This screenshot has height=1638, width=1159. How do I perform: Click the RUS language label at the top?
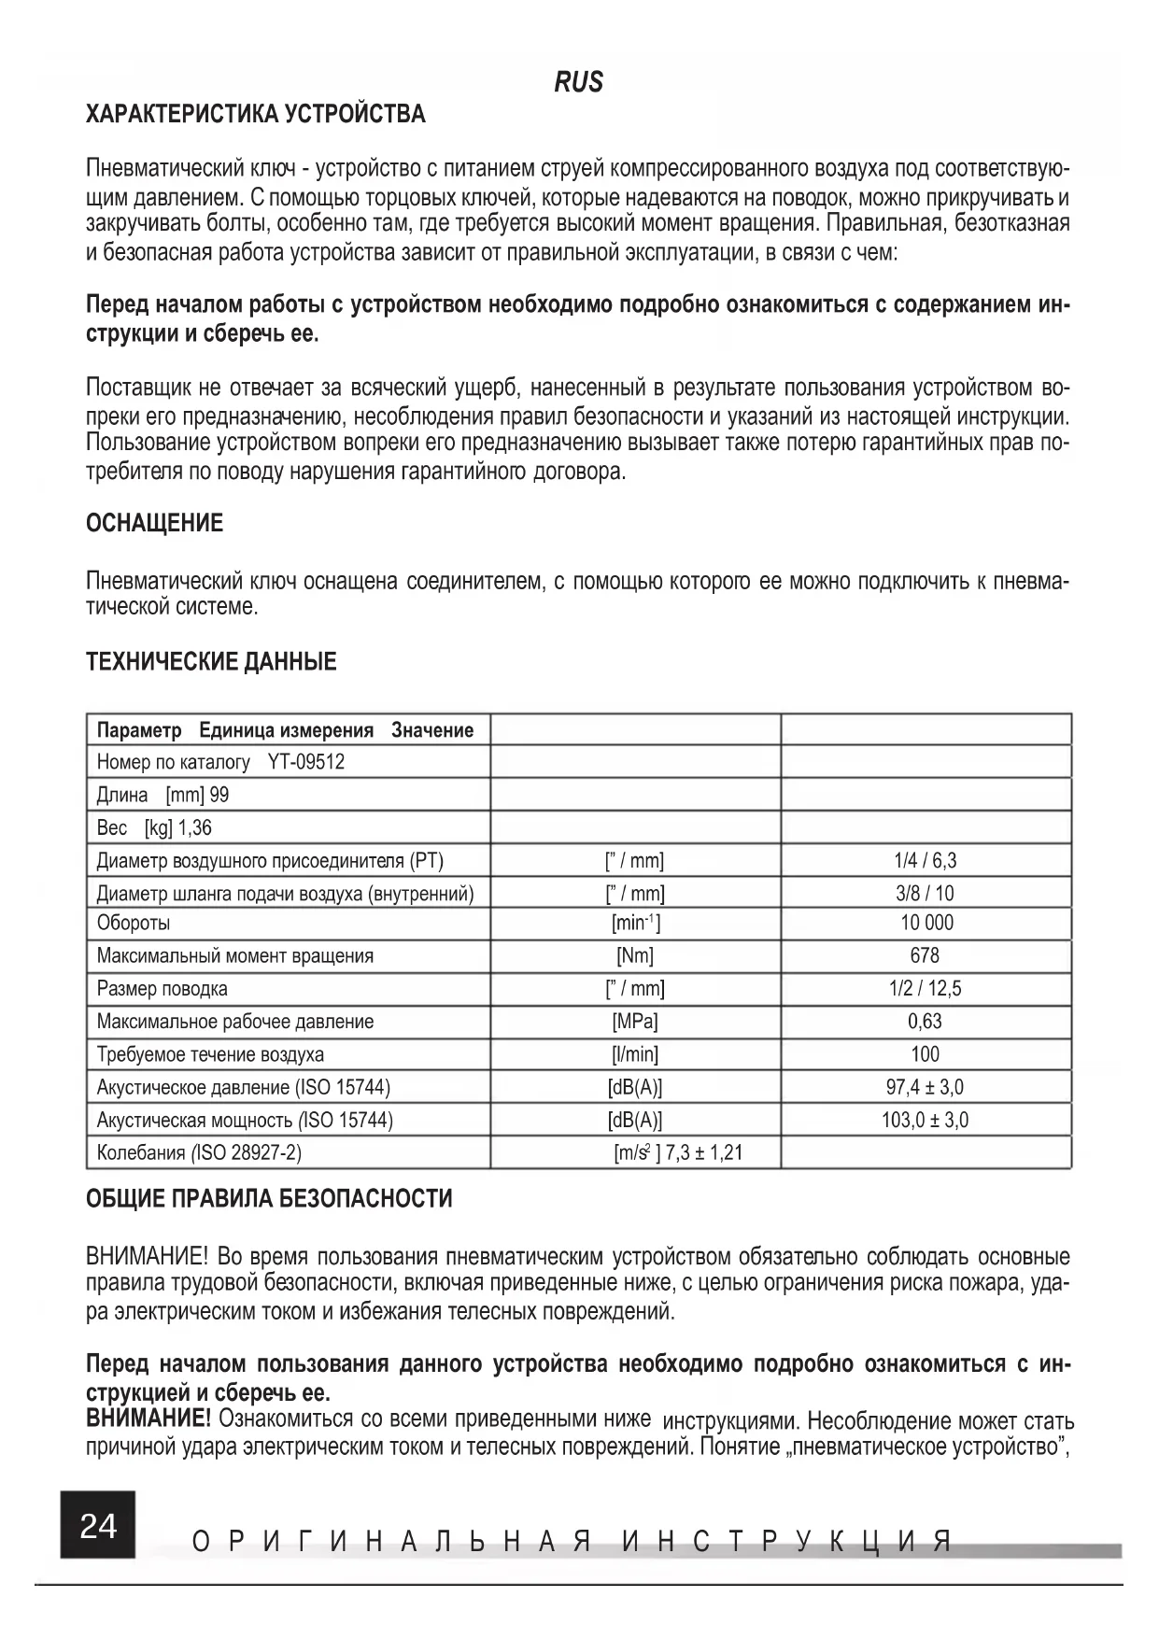tap(579, 82)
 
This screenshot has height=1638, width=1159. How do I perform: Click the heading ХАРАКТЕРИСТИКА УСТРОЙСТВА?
tap(256, 115)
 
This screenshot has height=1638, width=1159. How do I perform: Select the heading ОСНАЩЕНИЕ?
tap(155, 523)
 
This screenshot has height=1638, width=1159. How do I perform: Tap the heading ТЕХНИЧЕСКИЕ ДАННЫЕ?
tap(211, 662)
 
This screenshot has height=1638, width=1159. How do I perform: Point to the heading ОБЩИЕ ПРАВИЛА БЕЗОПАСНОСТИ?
tap(269, 1198)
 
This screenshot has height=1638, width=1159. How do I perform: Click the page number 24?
tap(98, 1525)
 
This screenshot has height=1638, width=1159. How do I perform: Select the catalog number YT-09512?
tap(306, 762)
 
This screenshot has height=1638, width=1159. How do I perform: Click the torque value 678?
tap(925, 955)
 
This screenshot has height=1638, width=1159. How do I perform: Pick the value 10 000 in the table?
tap(926, 923)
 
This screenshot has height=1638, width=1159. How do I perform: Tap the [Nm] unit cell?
tap(635, 955)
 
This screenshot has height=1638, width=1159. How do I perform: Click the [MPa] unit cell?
tap(635, 1022)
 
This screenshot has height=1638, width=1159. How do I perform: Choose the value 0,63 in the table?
tap(925, 1022)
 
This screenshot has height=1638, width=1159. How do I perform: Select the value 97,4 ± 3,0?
tap(925, 1087)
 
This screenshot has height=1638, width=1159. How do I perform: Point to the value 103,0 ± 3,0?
tap(925, 1120)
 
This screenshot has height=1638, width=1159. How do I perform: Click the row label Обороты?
tap(134, 923)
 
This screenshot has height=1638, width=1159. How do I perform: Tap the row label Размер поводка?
tap(163, 988)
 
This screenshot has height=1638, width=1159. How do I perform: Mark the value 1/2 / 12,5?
tap(925, 988)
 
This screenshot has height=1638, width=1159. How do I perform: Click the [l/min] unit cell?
tap(635, 1054)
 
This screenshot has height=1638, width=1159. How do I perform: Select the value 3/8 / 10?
tap(925, 893)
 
